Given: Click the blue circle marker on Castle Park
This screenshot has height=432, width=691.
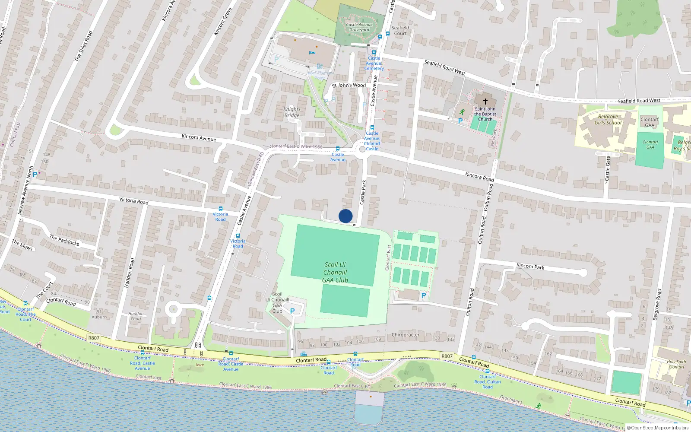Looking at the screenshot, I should (x=345, y=216).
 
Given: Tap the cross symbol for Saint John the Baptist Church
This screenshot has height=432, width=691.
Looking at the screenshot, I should (x=485, y=101).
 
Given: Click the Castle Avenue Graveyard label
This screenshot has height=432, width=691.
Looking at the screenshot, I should (x=359, y=27).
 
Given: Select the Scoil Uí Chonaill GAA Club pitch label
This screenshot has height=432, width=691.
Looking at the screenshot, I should (x=335, y=272).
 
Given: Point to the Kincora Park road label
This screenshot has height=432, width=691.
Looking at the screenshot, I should (x=530, y=267).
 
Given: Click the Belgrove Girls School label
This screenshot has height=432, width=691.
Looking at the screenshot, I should (x=608, y=120).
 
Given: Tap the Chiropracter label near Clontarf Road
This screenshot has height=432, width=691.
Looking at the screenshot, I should (x=405, y=335).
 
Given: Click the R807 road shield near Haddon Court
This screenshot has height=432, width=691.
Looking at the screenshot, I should (x=94, y=338).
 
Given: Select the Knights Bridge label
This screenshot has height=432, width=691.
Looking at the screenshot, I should (x=292, y=112).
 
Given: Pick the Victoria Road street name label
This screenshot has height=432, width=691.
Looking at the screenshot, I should (x=133, y=201).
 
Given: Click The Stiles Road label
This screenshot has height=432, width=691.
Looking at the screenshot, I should (x=83, y=46).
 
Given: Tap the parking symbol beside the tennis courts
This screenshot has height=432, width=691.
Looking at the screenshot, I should (x=423, y=295).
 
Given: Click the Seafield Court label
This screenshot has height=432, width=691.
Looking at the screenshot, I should (x=400, y=30).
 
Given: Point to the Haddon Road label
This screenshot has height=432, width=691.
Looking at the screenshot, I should (x=129, y=273).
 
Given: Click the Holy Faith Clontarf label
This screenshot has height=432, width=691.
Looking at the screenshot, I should (x=676, y=364).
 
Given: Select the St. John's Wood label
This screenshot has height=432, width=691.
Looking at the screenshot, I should (x=349, y=86).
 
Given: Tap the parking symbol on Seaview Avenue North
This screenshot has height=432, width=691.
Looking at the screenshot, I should (x=35, y=175).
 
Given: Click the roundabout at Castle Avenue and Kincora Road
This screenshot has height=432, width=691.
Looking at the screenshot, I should (x=362, y=149).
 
